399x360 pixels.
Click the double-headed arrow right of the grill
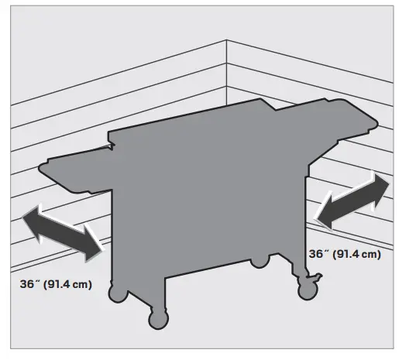click(x=353, y=201)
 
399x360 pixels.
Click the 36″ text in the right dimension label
click(x=319, y=254)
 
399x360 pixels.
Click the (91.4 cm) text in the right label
click(x=356, y=254)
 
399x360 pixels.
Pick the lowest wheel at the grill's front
click(x=157, y=318)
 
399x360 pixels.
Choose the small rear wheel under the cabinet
click(x=258, y=263)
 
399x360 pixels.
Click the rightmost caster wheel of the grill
click(x=304, y=287)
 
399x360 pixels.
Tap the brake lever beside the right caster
click(x=315, y=275)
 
